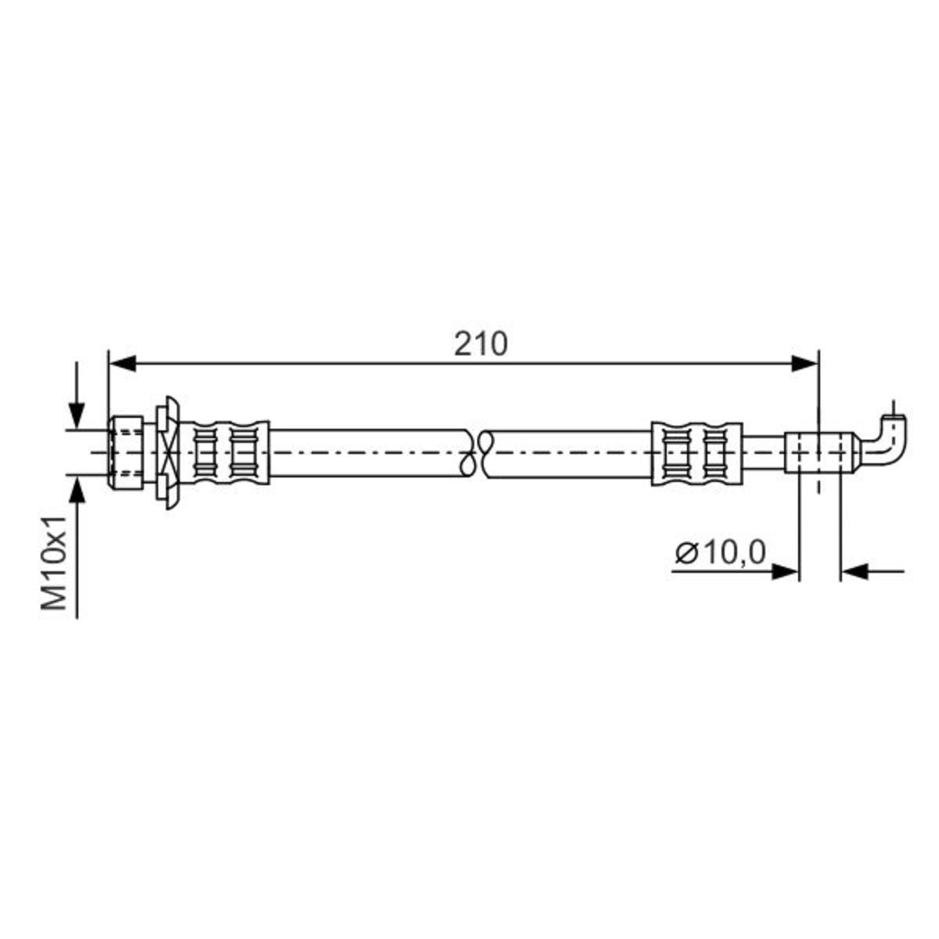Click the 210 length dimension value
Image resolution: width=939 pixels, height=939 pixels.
tap(480, 344)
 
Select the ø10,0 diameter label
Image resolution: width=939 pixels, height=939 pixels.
tap(720, 552)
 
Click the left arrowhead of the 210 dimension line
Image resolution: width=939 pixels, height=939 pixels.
tap(122, 364)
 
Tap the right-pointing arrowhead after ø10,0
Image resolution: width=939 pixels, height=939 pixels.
tap(786, 571)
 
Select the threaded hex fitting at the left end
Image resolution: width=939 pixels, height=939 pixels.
tap(126, 453)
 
